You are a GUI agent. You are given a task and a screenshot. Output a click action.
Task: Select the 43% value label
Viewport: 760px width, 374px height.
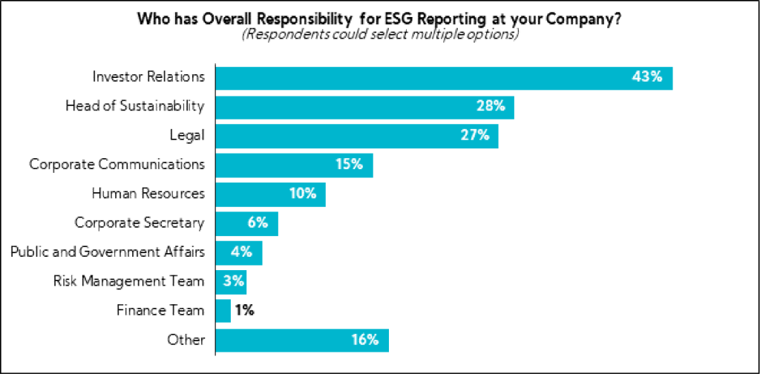point(647,77)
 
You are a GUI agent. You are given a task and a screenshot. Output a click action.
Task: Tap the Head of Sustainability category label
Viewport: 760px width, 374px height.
point(135,106)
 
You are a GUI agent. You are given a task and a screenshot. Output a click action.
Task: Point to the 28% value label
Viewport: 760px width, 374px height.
point(491,106)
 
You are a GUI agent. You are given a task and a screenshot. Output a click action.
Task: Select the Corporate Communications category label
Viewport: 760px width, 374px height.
point(117,164)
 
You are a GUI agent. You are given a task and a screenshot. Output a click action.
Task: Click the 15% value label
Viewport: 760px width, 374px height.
point(349,164)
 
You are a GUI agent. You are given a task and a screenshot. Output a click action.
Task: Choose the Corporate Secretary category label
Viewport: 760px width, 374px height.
point(140,223)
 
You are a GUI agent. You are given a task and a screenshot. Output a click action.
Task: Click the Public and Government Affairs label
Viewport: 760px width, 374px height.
point(108,252)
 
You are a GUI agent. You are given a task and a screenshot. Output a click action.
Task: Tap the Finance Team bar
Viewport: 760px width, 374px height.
point(223,310)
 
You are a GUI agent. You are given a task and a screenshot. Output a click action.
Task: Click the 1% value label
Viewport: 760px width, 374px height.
point(244,310)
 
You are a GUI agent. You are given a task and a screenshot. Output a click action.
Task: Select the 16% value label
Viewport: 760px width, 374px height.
point(365,340)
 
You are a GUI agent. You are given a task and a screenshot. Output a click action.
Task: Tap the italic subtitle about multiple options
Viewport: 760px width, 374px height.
point(379,34)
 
